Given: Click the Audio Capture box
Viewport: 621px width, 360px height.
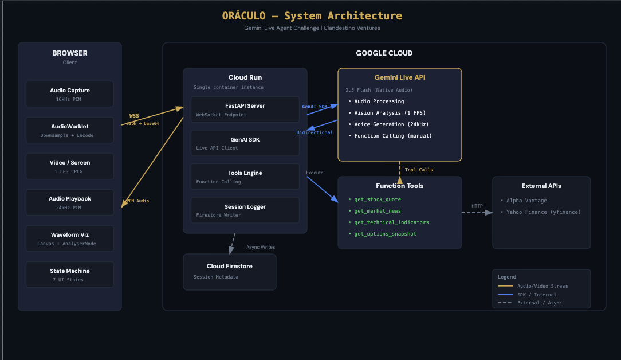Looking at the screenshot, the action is (70, 94).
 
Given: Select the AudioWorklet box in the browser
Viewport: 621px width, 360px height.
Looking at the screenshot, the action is (70, 130).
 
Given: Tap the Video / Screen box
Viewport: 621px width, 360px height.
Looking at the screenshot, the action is (70, 166).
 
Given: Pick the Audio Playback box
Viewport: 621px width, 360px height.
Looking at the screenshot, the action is (70, 202).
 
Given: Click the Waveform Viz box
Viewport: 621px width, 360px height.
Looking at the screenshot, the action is (70, 238).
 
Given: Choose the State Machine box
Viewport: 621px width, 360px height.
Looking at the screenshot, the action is (70, 275).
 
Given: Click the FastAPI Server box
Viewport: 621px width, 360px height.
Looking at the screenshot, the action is (245, 109).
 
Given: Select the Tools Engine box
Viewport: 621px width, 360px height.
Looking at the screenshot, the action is (245, 177).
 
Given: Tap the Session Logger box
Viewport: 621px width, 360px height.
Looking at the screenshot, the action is (245, 210).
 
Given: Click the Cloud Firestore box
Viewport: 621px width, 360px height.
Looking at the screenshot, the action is (229, 272).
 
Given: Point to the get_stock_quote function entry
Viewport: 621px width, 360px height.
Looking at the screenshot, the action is (378, 199).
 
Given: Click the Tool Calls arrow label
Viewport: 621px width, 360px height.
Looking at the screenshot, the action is (419, 170).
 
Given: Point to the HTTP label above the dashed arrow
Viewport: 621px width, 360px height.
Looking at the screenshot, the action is (477, 206).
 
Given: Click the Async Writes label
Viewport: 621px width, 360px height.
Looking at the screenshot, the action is (261, 247).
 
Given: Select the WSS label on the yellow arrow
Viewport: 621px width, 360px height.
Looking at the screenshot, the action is (134, 116).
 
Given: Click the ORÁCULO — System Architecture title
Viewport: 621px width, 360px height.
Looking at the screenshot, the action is (312, 16).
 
